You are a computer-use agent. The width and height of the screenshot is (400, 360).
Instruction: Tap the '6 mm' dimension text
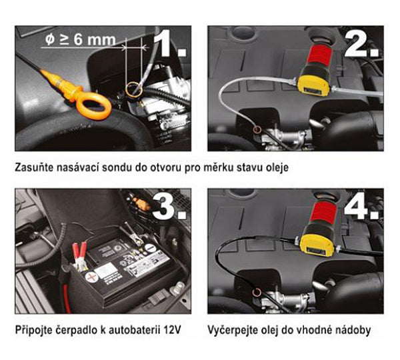click(x=95, y=40)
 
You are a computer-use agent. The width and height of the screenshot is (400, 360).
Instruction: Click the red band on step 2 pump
click(x=321, y=55)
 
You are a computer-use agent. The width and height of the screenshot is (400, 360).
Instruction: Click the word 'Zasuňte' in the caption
click(x=34, y=167)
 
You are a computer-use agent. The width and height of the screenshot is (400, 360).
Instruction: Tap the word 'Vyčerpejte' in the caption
click(x=231, y=330)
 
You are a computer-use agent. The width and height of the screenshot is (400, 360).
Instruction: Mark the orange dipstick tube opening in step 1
click(x=133, y=89)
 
